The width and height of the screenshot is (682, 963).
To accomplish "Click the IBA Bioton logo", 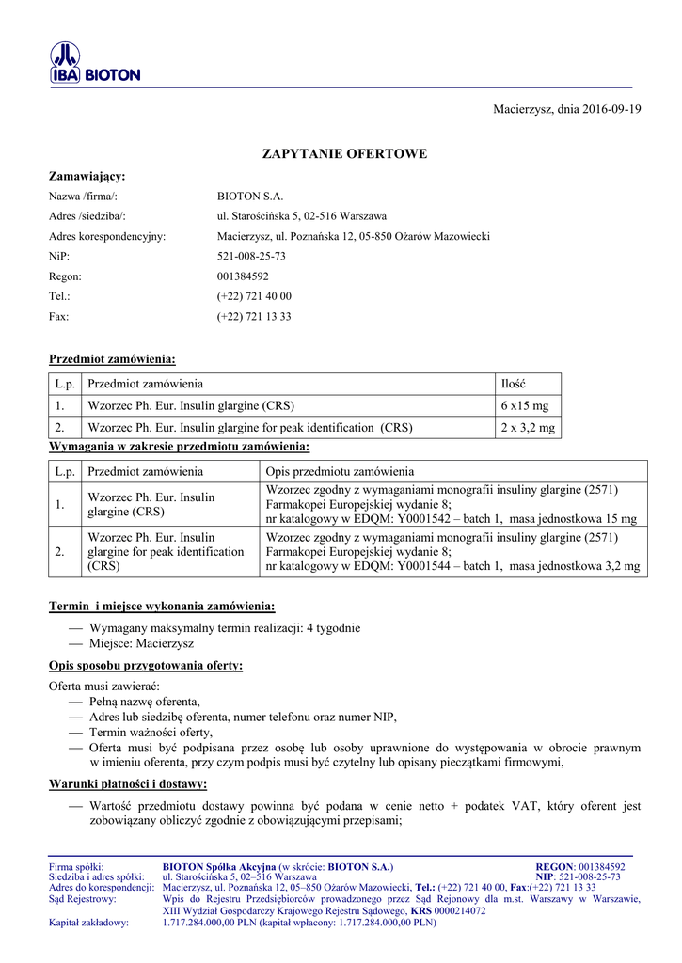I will (x=94, y=64).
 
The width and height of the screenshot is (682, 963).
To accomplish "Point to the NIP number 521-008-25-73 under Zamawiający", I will (x=251, y=256).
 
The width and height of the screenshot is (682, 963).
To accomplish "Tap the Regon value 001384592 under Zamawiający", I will (x=243, y=276).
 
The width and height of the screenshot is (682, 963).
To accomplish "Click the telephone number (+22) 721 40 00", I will (x=254, y=296).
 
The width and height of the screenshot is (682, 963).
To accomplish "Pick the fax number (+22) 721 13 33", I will (x=254, y=317).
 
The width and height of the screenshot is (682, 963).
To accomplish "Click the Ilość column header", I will (x=514, y=384).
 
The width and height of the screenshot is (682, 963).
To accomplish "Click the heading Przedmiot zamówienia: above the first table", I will (x=112, y=359).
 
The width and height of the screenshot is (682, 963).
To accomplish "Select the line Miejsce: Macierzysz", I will (x=141, y=644).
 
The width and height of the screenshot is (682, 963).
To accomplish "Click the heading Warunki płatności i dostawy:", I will (x=128, y=783).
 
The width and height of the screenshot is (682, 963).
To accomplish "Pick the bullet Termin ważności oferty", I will (x=151, y=732).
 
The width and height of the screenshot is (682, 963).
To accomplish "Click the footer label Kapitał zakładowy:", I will (x=88, y=923).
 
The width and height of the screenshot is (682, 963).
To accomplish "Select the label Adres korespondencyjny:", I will (x=107, y=236).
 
